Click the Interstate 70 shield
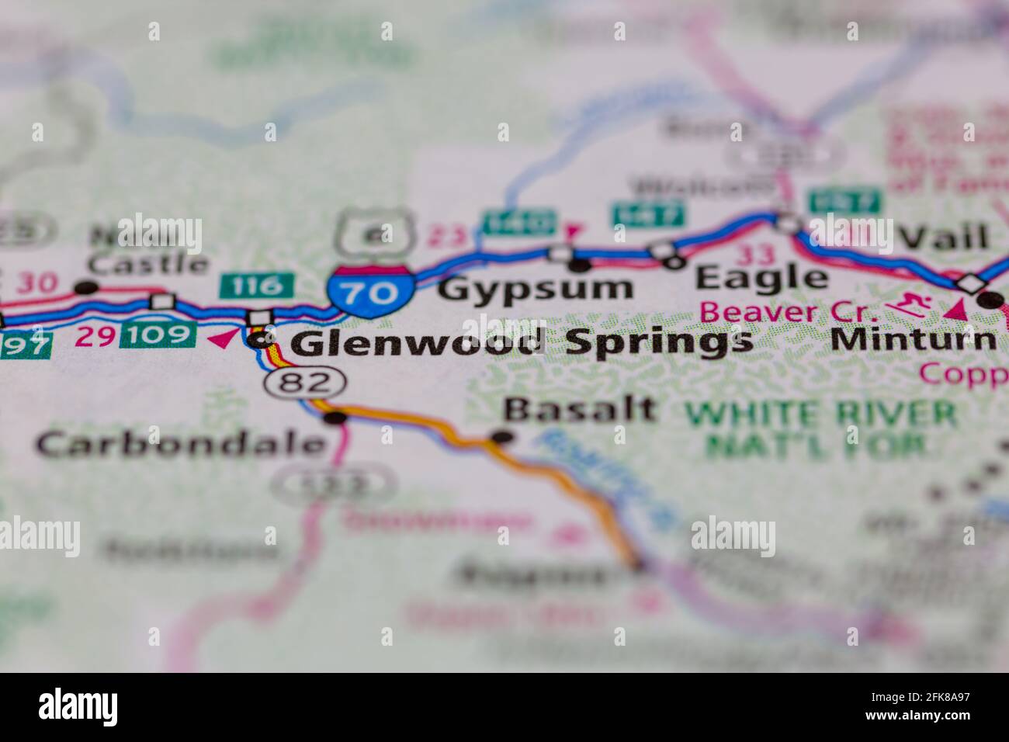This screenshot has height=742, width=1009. pos(369,290)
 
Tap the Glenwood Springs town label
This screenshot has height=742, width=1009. pos(524,342)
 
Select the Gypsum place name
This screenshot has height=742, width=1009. pos(536,289)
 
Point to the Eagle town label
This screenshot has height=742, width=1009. pos(761,278)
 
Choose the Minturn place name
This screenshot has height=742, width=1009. pos(913,339)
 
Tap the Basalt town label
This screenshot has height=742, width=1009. pos(579,409)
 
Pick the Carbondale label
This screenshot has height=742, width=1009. pos(180,444)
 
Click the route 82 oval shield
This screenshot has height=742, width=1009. pos(305,382)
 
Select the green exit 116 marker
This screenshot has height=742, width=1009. pos(257,285)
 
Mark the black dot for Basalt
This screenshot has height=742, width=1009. pos(503,437)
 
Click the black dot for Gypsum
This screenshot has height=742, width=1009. pos(581,265)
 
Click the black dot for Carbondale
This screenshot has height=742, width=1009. pos(335,419)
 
